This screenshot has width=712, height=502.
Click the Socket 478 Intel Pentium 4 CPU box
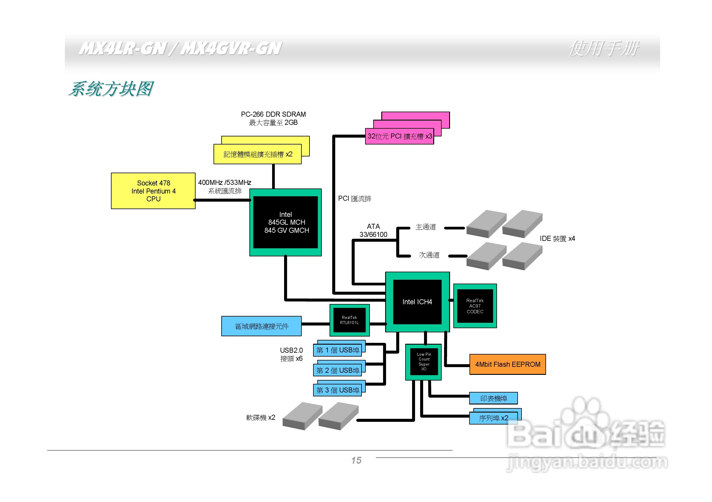click(x=153, y=191)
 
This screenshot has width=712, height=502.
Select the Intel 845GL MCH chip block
click(x=286, y=222)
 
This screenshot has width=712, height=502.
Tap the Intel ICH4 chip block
click(x=417, y=302)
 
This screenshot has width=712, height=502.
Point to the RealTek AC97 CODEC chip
click(x=475, y=306)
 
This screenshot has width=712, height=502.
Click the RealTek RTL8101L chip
click(x=349, y=320)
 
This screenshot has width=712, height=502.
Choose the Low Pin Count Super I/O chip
click(x=424, y=362)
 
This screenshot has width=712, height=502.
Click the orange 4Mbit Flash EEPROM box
click(x=507, y=364)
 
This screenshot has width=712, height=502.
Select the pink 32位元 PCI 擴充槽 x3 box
click(x=400, y=136)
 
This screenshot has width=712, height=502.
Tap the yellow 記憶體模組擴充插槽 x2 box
click(x=257, y=154)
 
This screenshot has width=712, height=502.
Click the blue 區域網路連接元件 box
click(x=261, y=326)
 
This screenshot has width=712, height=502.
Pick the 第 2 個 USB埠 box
click(x=337, y=370)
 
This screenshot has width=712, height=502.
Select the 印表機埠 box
click(x=493, y=398)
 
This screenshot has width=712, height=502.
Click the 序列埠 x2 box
click(x=493, y=418)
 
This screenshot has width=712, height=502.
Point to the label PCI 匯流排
click(x=354, y=199)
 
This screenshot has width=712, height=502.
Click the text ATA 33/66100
click(x=373, y=231)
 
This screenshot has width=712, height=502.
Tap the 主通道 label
click(x=426, y=227)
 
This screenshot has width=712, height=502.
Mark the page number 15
click(x=356, y=460)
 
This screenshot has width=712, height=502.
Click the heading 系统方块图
click(x=111, y=89)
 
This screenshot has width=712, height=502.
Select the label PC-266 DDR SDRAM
click(x=273, y=114)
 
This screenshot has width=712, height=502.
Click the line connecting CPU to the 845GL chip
click(x=222, y=200)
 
